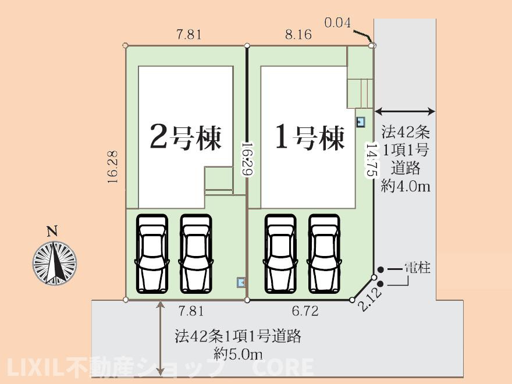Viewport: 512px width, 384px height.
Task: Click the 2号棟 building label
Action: tap(186, 137)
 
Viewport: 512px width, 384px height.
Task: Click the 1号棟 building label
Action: tap(310, 137)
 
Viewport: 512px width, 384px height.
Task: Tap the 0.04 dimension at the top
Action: tap(337, 23)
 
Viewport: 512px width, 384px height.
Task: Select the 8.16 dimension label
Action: tap(298, 34)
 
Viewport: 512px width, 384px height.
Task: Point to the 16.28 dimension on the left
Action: tap(112, 166)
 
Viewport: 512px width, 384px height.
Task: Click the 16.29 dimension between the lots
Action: tap(247, 159)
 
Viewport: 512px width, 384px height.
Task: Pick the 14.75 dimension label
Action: tap(372, 159)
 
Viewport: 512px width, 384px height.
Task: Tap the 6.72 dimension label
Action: tap(305, 311)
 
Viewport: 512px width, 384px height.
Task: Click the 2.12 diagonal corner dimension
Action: tap(369, 300)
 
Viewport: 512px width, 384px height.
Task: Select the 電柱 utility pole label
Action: tap(417, 268)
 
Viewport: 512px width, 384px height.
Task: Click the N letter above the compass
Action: tap(52, 232)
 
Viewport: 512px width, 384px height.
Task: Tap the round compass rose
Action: tap(55, 262)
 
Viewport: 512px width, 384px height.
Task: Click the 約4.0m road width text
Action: tap(405, 186)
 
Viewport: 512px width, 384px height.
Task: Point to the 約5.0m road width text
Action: tap(238, 353)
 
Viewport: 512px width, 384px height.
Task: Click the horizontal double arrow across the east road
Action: tap(405, 112)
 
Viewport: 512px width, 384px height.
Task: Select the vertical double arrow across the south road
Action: tap(160, 338)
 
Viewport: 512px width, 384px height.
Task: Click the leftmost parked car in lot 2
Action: tap(152, 254)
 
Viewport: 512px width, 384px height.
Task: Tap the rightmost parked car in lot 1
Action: tap(325, 254)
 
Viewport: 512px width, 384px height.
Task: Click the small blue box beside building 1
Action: tap(361, 122)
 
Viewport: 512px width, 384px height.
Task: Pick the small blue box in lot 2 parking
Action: tap(241, 282)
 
